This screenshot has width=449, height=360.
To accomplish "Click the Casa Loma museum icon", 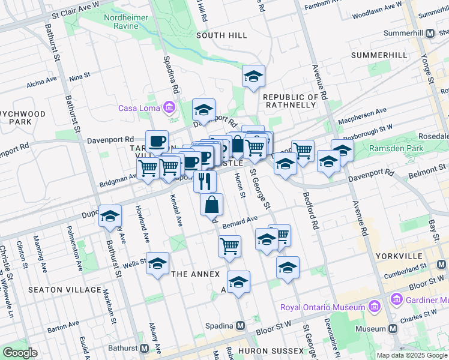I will [169, 108].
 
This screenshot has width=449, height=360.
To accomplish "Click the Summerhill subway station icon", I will [429, 34].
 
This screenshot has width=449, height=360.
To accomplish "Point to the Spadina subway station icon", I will [240, 326].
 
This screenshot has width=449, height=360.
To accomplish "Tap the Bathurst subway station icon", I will [145, 348].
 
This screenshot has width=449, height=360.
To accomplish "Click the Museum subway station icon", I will [393, 329].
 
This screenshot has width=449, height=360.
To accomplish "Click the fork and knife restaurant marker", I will [205, 179].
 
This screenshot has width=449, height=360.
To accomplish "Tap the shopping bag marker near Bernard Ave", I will [212, 205].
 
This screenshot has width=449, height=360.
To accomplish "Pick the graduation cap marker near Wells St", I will [157, 263].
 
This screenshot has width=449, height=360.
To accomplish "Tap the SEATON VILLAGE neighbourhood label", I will [65, 290].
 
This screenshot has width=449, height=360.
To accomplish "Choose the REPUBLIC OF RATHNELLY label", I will [290, 101].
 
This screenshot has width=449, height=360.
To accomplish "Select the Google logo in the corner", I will [20, 353].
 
